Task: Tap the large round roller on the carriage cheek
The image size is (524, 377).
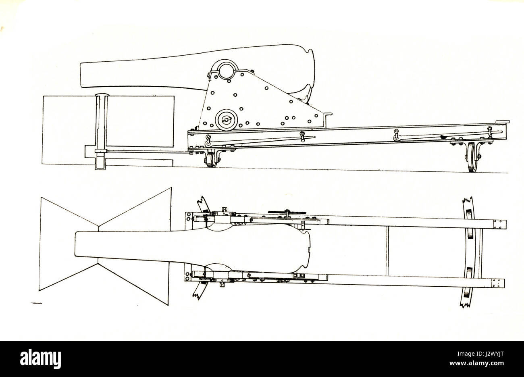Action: [226, 120]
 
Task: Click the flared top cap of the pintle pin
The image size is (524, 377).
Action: [102, 95]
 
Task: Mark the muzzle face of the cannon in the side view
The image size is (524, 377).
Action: [81, 75]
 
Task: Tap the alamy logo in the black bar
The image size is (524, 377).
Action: [40, 359]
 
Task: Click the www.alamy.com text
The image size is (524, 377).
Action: [476, 363]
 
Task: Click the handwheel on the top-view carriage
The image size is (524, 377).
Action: [287, 212]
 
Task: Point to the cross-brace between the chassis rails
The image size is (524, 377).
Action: [388, 251]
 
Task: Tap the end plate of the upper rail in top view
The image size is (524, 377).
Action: [500, 225]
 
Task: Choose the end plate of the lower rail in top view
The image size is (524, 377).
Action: [498, 283]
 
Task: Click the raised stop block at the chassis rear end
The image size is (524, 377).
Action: [503, 122]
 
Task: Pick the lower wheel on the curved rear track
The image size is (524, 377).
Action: [470, 273]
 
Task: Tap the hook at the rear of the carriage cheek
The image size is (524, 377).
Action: [328, 114]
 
